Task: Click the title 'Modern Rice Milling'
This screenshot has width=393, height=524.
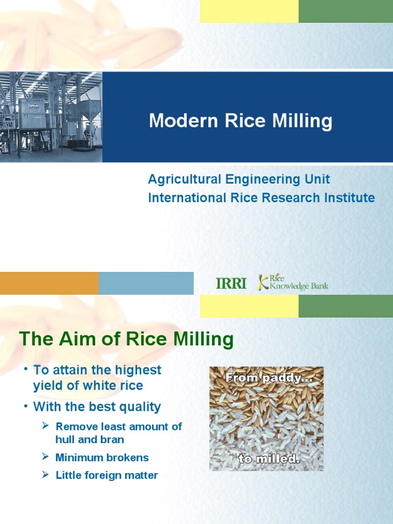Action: (241, 121)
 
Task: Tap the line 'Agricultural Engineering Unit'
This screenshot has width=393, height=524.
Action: (239, 180)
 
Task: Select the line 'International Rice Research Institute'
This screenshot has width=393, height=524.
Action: (261, 198)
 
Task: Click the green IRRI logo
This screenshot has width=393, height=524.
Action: (231, 283)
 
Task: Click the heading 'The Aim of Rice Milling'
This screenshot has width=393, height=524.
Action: (126, 339)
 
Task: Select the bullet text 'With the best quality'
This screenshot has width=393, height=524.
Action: (97, 407)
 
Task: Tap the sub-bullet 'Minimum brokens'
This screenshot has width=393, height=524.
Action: (102, 457)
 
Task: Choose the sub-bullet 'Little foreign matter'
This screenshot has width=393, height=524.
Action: (106, 475)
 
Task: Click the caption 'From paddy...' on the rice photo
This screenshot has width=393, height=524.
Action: (266, 379)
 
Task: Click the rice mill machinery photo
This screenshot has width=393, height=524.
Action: (51, 117)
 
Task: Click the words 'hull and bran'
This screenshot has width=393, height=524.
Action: (90, 440)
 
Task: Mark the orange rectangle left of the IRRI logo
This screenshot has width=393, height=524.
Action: (49, 283)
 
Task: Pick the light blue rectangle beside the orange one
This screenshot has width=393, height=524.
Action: (146, 283)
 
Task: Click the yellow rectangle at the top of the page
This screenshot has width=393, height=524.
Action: (249, 11)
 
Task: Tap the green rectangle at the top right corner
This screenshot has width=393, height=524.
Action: (345, 11)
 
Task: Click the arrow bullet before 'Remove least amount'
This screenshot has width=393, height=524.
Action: (45, 426)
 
